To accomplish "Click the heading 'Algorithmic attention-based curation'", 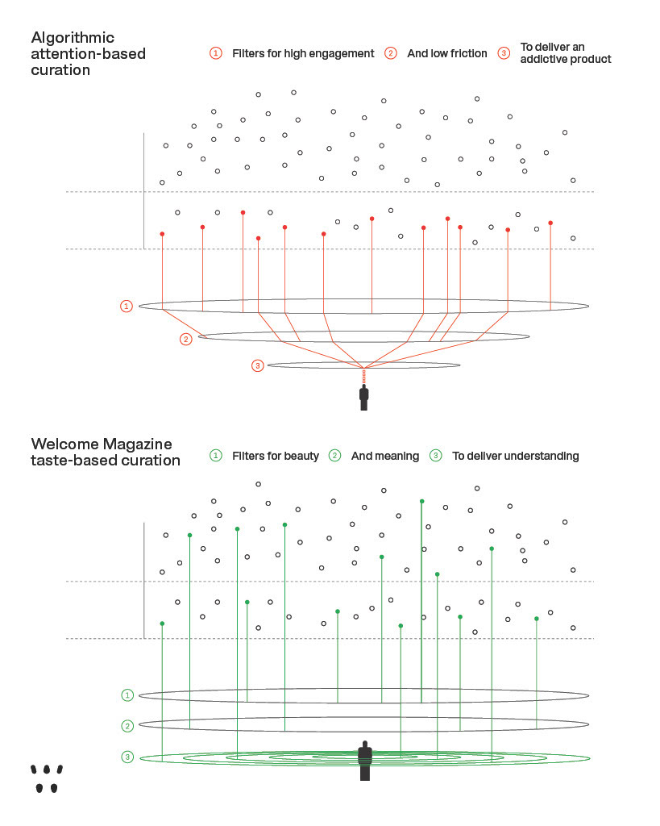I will pyautogui.click(x=73, y=53).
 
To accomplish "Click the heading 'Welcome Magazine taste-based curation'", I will pyautogui.click(x=106, y=452).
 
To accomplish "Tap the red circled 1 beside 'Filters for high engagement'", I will pyautogui.click(x=215, y=53).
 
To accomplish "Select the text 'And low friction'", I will pyautogui.click(x=447, y=53).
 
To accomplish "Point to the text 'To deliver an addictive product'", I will pyautogui.click(x=565, y=53).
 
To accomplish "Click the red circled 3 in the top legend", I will pyautogui.click(x=504, y=53).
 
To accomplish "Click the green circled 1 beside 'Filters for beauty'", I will pyautogui.click(x=215, y=456).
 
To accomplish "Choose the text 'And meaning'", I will pyautogui.click(x=385, y=456).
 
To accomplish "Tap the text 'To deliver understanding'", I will pyautogui.click(x=515, y=456).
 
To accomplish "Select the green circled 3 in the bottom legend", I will pyautogui.click(x=436, y=456).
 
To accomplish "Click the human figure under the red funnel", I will pyautogui.click(x=364, y=397).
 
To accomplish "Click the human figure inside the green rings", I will pyautogui.click(x=365, y=760).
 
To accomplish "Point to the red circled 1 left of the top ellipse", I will pyautogui.click(x=127, y=307).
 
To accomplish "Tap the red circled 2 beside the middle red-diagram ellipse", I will pyautogui.click(x=186, y=339).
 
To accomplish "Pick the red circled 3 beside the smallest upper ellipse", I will pyautogui.click(x=257, y=366).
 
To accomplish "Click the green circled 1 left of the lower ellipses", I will pyautogui.click(x=127, y=695).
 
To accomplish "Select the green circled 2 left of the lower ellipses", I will pyautogui.click(x=127, y=726).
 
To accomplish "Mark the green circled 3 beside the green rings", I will pyautogui.click(x=127, y=757).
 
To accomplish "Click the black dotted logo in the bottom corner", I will pyautogui.click(x=47, y=778).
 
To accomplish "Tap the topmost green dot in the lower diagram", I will pyautogui.click(x=421, y=501).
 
